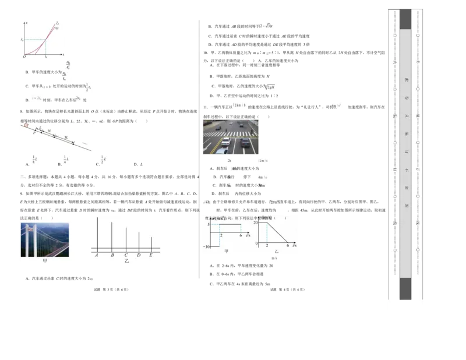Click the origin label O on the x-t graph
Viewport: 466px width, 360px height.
[24, 57]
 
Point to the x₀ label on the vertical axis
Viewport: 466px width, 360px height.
[22, 40]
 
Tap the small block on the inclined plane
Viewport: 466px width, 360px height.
[26, 125]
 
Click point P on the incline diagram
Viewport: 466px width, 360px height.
[34, 133]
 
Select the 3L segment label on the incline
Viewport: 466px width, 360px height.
[49, 132]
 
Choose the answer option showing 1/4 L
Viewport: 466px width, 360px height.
[66, 160]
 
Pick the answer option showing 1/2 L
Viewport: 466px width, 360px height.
[103, 160]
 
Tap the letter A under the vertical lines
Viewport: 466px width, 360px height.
[97, 255]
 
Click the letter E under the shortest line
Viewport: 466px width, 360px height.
[151, 255]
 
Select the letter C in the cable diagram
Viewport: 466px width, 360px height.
[126, 255]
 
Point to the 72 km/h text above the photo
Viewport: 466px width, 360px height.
[239, 105]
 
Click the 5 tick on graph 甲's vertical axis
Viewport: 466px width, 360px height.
[208, 224]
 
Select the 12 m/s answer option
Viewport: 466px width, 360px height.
[263, 161]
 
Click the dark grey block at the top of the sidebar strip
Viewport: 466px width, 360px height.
[405, 19]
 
